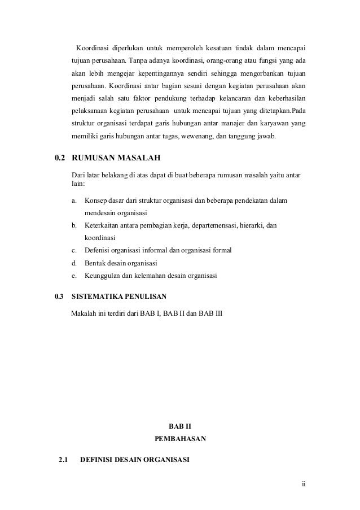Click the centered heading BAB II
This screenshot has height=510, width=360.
[180, 424]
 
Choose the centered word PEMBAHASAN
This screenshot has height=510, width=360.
[180, 438]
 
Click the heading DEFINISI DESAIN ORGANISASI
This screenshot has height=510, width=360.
[135, 459]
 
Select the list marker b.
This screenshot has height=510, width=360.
[74, 226]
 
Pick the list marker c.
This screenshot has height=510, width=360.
[74, 251]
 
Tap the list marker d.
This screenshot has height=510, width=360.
[74, 263]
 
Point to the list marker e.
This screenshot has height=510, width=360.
[74, 276]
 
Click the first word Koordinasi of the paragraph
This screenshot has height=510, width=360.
[93, 46]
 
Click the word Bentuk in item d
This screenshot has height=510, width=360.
[95, 263]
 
